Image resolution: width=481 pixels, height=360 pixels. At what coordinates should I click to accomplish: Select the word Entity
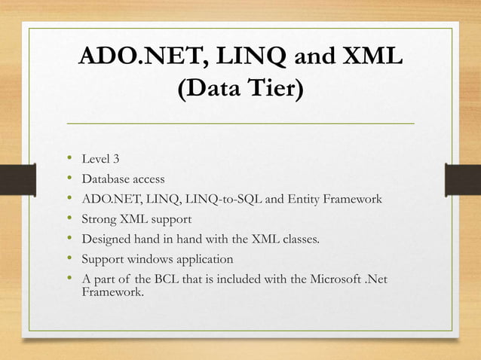click(x=303, y=200)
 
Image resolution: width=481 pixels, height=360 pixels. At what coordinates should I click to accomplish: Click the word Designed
click(x=106, y=240)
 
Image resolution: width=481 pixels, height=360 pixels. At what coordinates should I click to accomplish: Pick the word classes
click(x=298, y=240)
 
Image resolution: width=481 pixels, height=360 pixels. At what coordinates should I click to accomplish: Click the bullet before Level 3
click(x=69, y=158)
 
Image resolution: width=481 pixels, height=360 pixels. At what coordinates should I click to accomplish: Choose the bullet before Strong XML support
click(x=69, y=219)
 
